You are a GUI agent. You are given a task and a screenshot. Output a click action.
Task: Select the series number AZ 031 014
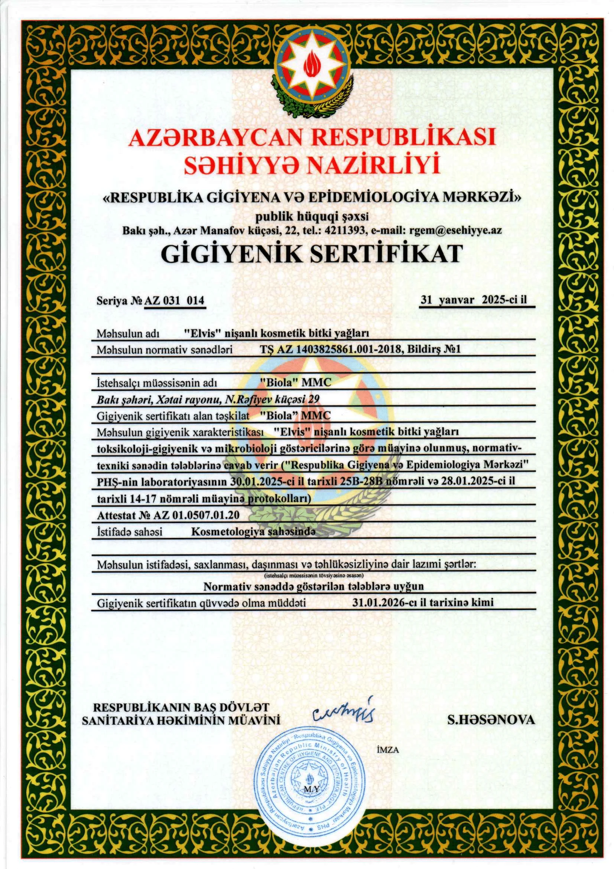point(174,300)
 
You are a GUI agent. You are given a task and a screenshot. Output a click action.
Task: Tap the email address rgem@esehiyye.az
point(456,230)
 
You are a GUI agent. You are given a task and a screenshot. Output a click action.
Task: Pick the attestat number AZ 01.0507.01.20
point(196,515)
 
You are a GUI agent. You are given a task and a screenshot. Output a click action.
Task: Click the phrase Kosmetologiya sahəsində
point(253,532)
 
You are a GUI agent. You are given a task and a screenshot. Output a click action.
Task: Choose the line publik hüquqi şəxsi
point(312,216)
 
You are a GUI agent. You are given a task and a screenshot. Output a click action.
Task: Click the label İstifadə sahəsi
point(130,532)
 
